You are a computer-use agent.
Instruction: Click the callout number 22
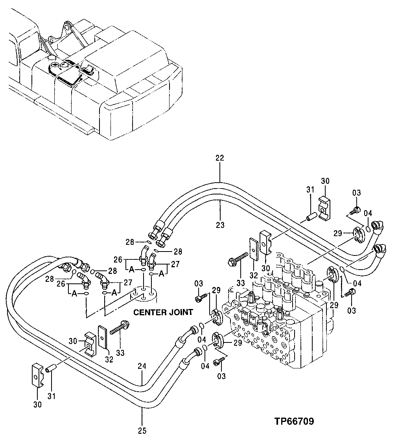point(219,158)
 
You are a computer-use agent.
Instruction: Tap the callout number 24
point(142,366)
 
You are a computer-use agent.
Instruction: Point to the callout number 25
point(142,431)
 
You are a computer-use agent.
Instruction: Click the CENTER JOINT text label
point(163,312)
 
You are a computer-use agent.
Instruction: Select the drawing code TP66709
point(294,422)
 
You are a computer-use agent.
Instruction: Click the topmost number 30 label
point(325,181)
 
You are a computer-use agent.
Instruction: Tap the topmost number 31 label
point(310,190)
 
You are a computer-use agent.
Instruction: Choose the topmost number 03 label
point(356,192)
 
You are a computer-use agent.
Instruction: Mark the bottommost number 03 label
point(221,376)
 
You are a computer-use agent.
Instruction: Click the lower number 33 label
point(120,353)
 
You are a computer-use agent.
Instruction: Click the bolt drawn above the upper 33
point(238,258)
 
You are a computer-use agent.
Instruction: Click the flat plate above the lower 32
point(103,337)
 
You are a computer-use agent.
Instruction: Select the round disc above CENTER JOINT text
point(144,294)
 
